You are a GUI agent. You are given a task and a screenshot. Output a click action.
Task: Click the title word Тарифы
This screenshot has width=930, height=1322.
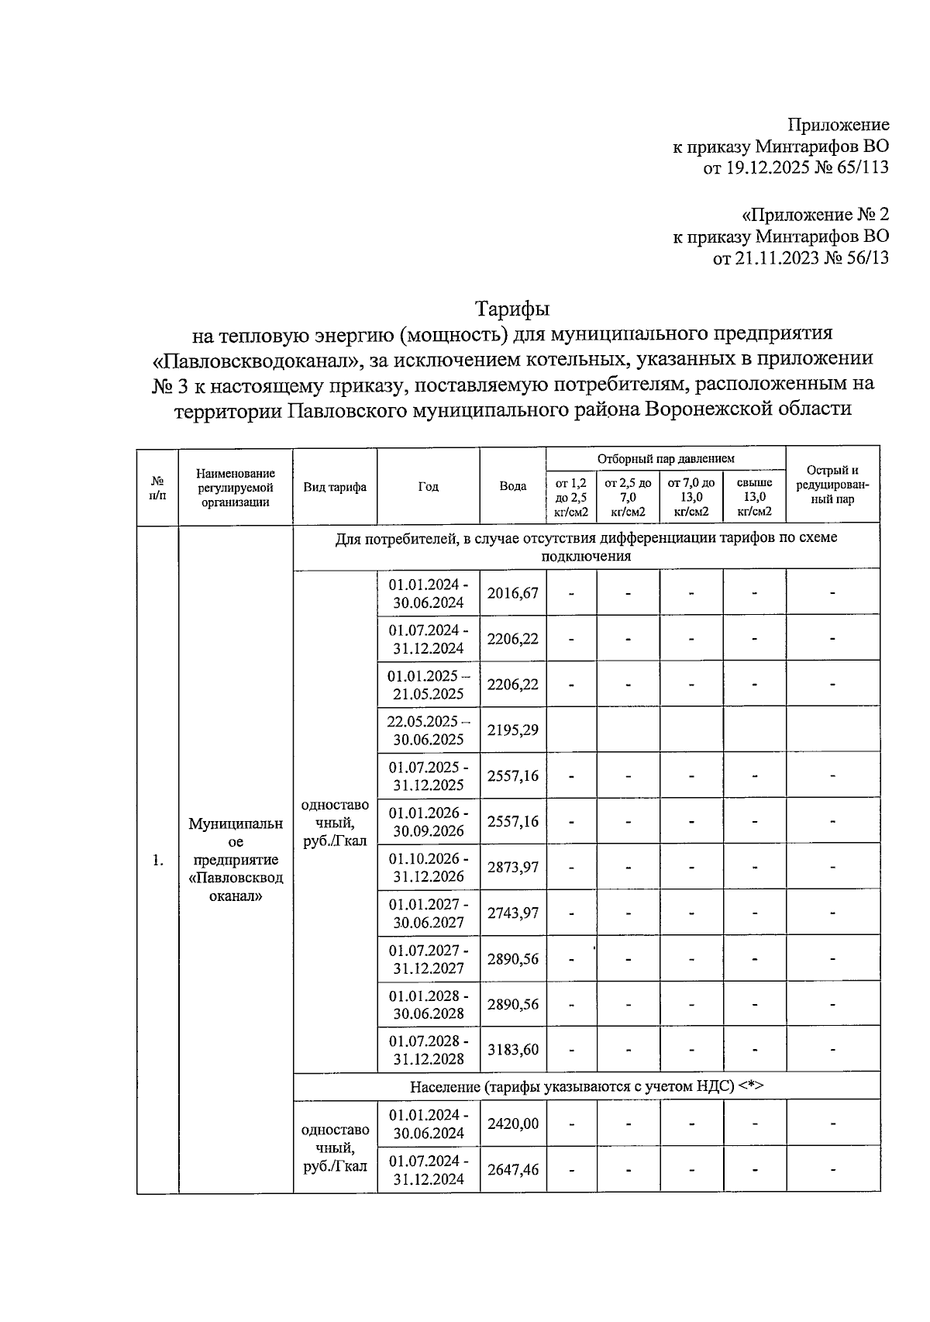coord(512,309)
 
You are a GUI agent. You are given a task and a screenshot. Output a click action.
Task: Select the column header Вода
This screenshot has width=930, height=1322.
coord(512,486)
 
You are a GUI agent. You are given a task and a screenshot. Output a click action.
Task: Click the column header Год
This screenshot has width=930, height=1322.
coord(428,486)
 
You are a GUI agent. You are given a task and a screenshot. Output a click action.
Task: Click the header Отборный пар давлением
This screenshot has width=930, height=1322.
coord(666,459)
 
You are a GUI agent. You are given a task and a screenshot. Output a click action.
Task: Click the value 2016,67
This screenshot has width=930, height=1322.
coord(512,593)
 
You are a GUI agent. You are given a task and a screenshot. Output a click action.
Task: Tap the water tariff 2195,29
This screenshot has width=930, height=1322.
coord(512,730)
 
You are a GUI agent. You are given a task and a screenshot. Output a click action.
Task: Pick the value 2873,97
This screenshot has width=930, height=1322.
coord(512,868)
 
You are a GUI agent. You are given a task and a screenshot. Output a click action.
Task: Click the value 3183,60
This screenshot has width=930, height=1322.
coord(512,1050)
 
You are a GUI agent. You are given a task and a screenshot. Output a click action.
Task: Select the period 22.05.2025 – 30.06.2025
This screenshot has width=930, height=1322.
coord(428,730)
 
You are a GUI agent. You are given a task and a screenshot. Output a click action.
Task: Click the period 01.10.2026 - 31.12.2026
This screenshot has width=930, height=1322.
coord(428,868)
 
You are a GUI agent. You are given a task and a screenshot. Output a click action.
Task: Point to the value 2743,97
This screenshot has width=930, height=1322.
coord(512,913)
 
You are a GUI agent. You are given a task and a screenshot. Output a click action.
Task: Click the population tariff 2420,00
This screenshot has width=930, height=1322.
coord(512,1124)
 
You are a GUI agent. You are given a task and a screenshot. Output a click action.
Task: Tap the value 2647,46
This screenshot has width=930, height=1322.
coord(512,1169)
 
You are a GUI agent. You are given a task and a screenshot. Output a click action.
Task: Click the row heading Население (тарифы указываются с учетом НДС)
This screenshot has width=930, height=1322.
coord(586,1086)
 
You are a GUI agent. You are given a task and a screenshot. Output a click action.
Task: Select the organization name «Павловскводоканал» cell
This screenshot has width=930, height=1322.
coord(236,859)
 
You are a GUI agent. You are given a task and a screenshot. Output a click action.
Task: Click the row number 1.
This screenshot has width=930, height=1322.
coord(157,860)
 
